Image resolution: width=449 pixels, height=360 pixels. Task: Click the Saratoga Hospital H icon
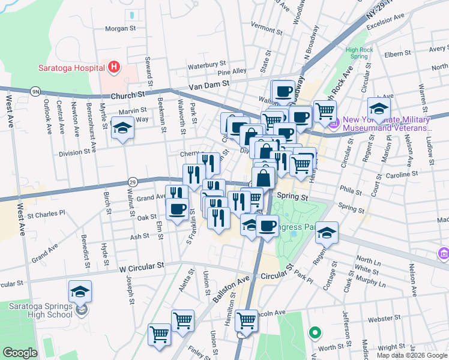coord(115,67)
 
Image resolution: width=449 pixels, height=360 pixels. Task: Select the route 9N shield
coord(35,91)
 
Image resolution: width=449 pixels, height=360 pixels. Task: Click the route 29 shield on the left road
coord(133,181)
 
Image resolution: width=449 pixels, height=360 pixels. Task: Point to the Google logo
coord(20,353)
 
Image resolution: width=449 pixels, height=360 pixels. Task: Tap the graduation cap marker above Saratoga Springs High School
coord(80,292)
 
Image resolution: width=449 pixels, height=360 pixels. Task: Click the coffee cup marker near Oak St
coord(176,209)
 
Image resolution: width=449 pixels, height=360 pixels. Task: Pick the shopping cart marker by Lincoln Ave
coord(246,320)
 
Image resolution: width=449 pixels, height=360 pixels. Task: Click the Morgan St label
coord(121,29)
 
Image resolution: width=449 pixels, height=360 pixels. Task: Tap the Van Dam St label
coord(209,85)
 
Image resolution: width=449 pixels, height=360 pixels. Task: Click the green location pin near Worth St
coord(314,331)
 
